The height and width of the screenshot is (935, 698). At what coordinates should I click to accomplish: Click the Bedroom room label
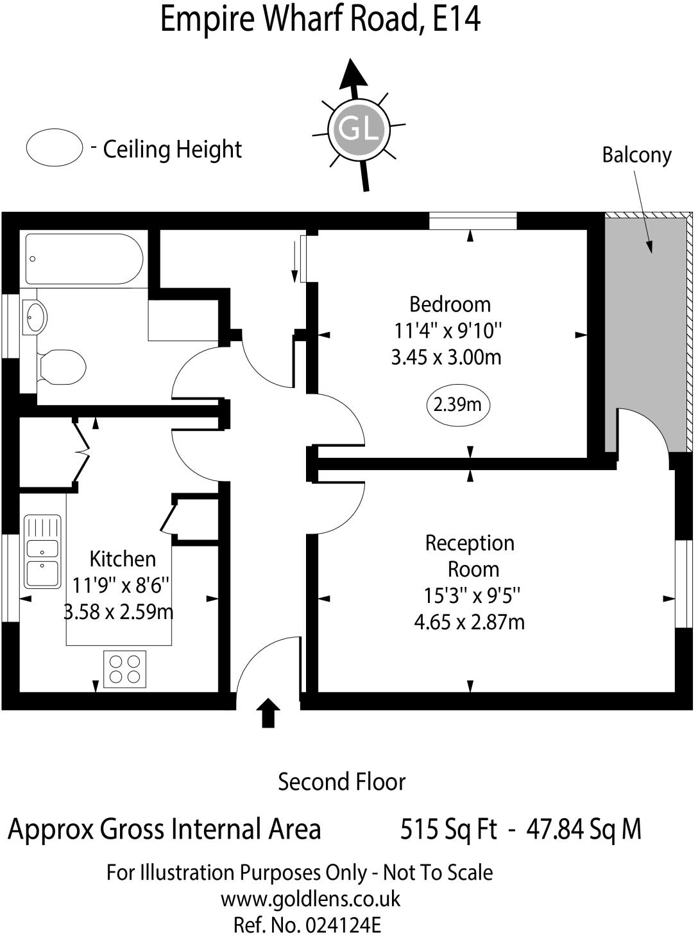pos(450,304)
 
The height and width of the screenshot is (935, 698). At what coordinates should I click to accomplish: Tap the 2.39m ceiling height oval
pos(457,405)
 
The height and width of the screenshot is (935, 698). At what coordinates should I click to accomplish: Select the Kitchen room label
pos(123,559)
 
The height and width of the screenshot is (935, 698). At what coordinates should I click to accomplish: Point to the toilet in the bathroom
pos(62,367)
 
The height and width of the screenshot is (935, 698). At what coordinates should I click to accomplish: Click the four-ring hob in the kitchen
pos(124,668)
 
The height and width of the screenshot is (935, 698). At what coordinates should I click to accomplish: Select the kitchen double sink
pos(42,552)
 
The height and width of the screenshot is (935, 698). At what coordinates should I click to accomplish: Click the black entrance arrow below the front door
pos(268,713)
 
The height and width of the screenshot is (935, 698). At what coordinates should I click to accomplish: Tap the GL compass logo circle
pos(359,129)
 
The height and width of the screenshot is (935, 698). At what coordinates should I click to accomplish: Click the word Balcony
pos(636,155)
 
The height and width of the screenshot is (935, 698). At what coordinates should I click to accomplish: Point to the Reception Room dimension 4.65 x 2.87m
pos(470,622)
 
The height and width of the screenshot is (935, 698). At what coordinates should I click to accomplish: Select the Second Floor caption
pos(342,782)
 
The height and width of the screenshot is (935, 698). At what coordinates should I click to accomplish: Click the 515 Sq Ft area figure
pos(448,829)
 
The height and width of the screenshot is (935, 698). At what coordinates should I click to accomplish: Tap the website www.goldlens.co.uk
pos(311,899)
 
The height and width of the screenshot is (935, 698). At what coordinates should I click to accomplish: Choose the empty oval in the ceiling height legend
pos(55,148)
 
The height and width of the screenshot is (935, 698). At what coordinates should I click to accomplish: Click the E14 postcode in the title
pos(457,19)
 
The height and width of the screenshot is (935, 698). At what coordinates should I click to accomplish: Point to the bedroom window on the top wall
pos(473,221)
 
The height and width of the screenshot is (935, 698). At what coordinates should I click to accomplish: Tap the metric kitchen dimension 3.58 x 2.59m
pos(119,612)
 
